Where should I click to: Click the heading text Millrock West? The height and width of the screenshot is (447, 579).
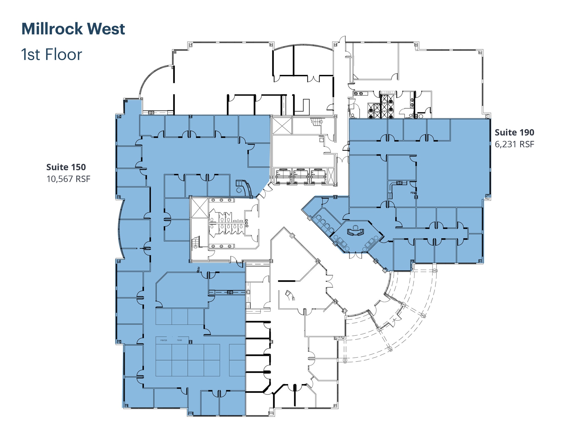(73, 29)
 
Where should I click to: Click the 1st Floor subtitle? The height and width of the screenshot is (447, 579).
(51, 54)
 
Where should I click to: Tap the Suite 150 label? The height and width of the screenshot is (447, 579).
(66, 167)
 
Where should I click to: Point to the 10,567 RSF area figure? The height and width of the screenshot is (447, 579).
(68, 179)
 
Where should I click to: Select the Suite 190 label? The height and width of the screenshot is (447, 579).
(514, 132)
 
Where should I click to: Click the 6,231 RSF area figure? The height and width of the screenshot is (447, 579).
(514, 144)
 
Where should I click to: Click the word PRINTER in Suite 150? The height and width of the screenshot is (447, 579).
(164, 340)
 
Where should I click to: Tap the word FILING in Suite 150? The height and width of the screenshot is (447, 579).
(180, 340)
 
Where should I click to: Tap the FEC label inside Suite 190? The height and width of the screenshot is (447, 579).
(413, 193)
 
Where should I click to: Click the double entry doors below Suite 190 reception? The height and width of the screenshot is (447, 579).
(355, 255)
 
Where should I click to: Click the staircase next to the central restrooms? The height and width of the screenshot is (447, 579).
(196, 242)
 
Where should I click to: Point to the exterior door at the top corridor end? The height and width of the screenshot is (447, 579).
(343, 40)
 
